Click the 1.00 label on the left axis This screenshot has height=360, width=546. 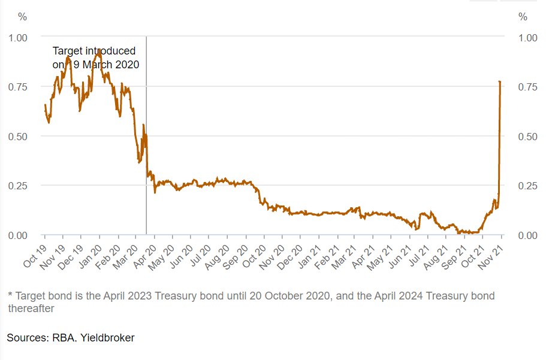(18, 37)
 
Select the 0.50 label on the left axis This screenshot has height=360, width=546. (18, 136)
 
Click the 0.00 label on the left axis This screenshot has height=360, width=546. (18, 235)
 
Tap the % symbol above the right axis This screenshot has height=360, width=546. (523, 17)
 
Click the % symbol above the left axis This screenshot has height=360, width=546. (23, 17)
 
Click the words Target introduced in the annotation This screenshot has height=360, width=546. (94, 51)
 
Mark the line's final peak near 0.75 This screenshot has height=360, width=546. (500, 81)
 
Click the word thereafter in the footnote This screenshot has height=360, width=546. (30, 308)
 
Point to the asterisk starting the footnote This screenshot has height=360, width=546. (10, 296)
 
